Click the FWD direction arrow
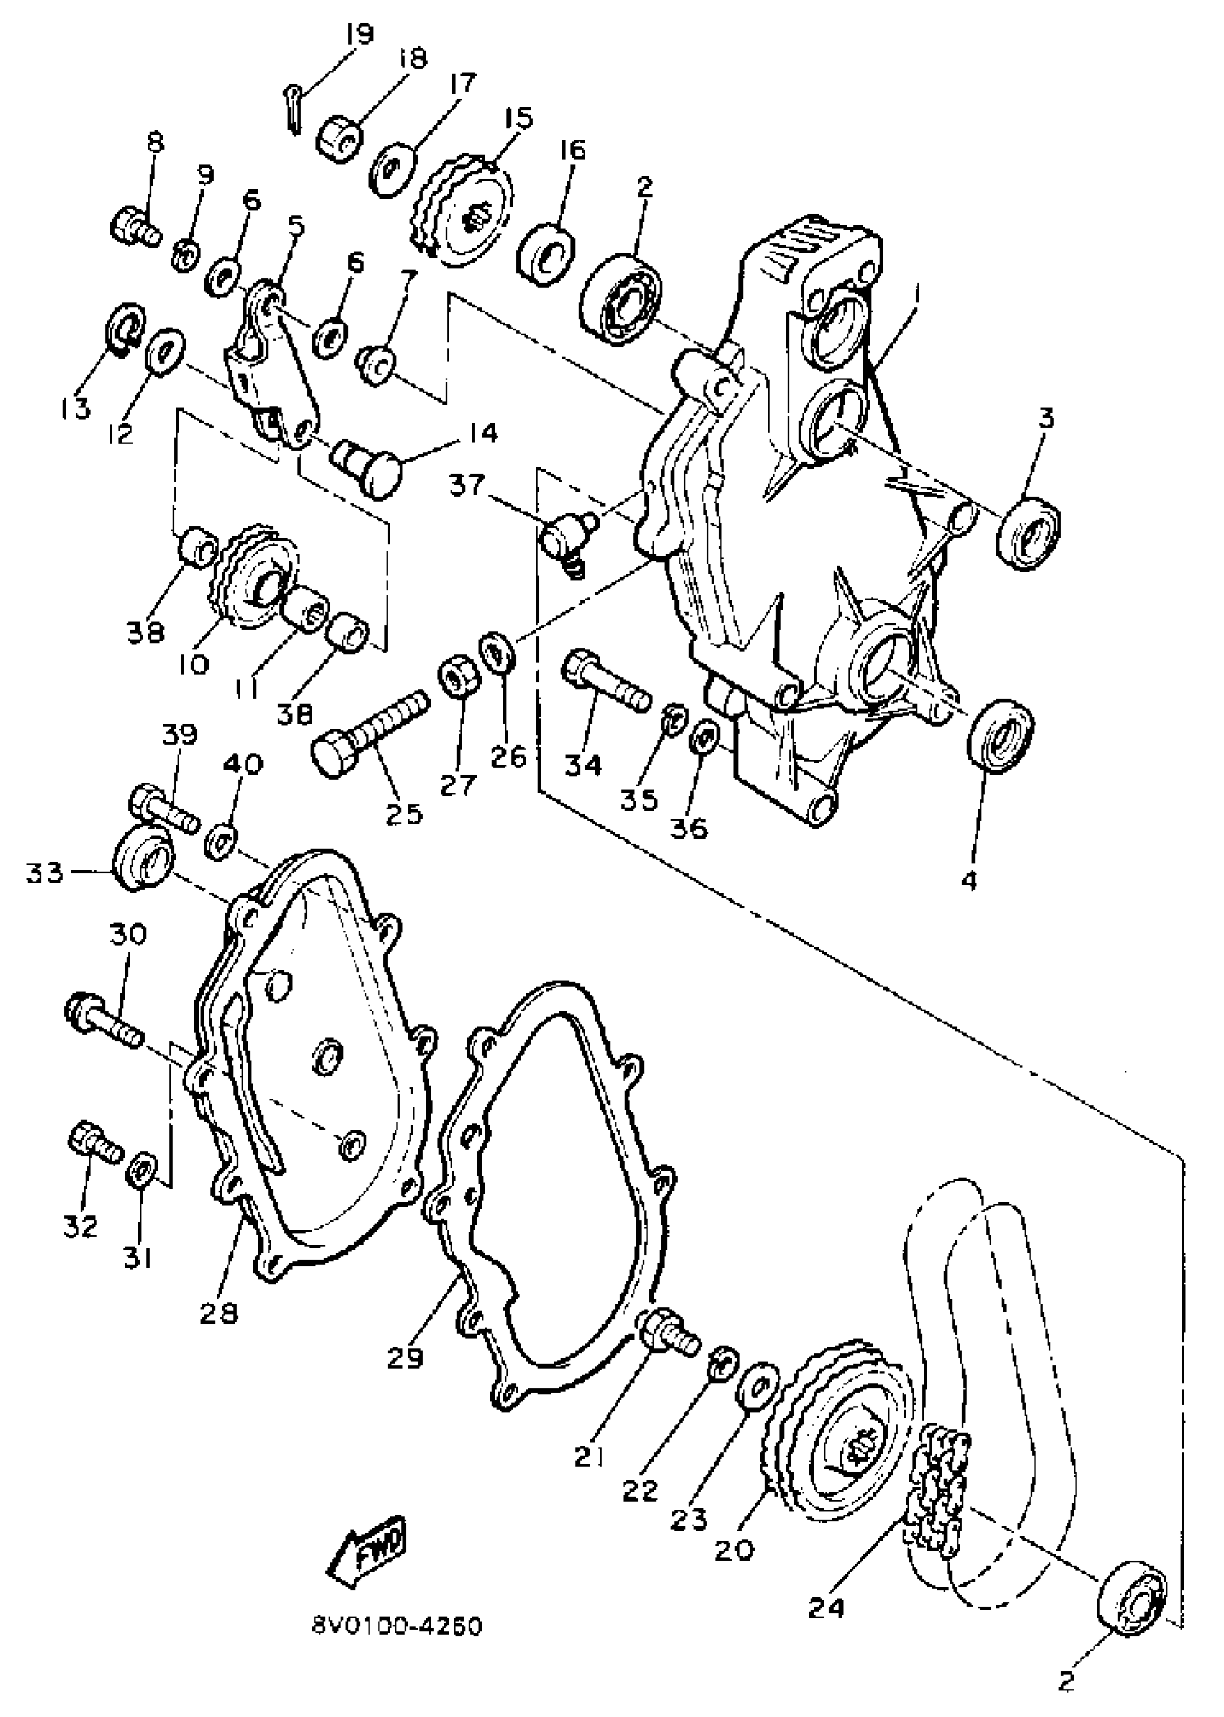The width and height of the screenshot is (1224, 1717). [367, 1549]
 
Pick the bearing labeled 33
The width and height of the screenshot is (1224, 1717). [143, 858]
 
